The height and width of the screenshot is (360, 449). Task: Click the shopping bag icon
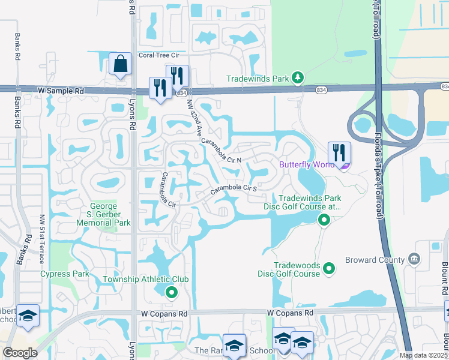pyautogui.click(x=120, y=64)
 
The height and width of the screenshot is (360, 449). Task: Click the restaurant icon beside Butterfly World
pyautogui.click(x=339, y=154)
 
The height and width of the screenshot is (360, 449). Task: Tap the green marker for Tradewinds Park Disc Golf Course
pyautogui.click(x=324, y=221)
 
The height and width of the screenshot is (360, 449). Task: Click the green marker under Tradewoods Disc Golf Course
pyautogui.click(x=329, y=269)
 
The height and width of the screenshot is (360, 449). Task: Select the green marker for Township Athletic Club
pyautogui.click(x=172, y=292)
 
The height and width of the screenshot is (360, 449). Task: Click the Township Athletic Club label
pyautogui.click(x=146, y=280)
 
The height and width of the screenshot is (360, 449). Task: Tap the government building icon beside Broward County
pyautogui.click(x=414, y=260)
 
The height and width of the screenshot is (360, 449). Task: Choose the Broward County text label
pyautogui.click(x=376, y=260)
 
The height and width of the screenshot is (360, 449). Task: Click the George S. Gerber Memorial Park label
pyautogui.click(x=103, y=214)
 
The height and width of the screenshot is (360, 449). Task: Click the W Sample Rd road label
pyautogui.click(x=61, y=90)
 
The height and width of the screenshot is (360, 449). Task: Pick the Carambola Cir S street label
pyautogui.click(x=234, y=189)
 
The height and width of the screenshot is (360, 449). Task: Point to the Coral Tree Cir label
pyautogui.click(x=159, y=55)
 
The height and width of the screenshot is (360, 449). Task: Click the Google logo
pyautogui.click(x=20, y=353)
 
